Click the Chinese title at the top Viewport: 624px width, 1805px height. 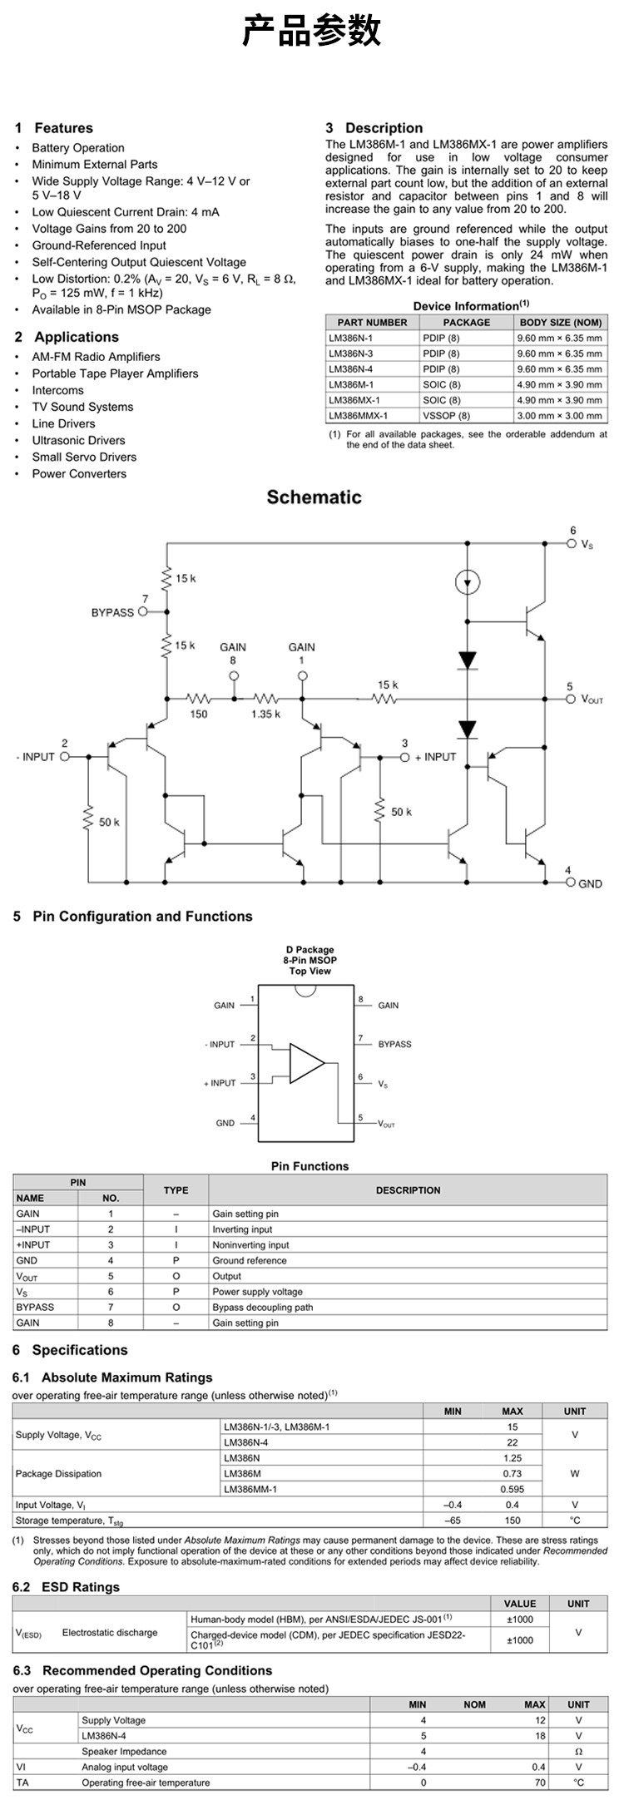312,32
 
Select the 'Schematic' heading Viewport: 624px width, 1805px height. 314,497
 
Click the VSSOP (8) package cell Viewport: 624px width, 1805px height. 446,415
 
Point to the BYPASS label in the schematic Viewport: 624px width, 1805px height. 112,612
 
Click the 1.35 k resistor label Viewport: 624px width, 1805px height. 266,714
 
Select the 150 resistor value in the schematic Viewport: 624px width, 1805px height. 198,714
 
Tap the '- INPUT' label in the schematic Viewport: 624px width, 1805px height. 35,757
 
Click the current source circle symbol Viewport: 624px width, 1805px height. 467,581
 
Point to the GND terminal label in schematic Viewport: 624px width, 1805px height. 590,883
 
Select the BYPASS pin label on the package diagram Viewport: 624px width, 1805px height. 394,1044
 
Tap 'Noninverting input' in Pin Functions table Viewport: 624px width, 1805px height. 250,1245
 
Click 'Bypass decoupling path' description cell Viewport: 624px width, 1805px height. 262,1307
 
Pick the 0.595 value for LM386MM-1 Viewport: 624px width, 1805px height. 512,1489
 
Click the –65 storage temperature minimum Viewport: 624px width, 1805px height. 452,1521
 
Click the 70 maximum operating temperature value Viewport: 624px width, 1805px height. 540,1783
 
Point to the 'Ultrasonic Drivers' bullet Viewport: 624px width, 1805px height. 78,440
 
